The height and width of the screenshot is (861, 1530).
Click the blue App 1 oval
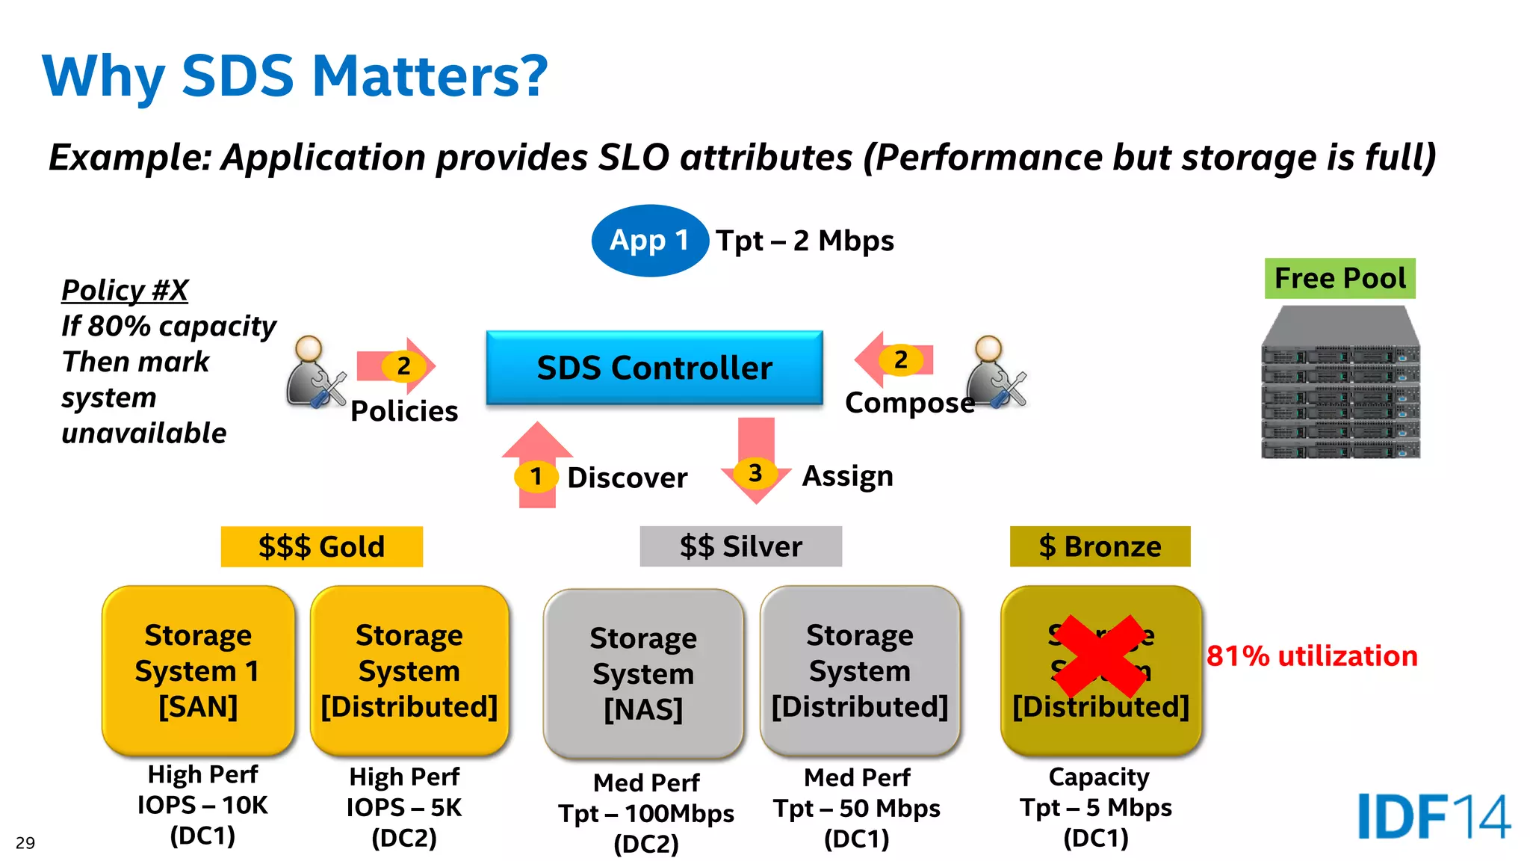(x=649, y=241)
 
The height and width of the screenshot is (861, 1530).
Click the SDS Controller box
(x=654, y=368)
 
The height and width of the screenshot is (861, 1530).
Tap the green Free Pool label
(x=1339, y=278)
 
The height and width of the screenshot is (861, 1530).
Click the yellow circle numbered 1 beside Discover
(x=536, y=477)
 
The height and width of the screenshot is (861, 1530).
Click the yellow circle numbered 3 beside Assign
(x=755, y=473)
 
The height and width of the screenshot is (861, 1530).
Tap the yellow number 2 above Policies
(x=403, y=366)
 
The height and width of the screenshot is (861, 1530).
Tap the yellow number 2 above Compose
(x=900, y=360)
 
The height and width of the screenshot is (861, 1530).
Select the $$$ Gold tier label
(x=321, y=546)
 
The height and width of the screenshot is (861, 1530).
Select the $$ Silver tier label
(x=740, y=546)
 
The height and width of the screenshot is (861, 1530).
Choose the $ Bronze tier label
(x=1100, y=546)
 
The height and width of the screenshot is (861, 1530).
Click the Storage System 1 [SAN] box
(x=198, y=670)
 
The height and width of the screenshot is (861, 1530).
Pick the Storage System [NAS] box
(x=643, y=673)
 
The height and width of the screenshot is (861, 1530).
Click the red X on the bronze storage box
(x=1101, y=655)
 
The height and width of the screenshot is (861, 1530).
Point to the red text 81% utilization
(x=1312, y=656)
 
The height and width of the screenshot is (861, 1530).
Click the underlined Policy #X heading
(x=125, y=290)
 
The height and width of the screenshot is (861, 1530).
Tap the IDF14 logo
(x=1433, y=816)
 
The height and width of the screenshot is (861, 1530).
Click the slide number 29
(x=25, y=843)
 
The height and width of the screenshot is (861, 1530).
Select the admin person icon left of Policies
(x=315, y=373)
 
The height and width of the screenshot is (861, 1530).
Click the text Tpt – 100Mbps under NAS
(x=646, y=813)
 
